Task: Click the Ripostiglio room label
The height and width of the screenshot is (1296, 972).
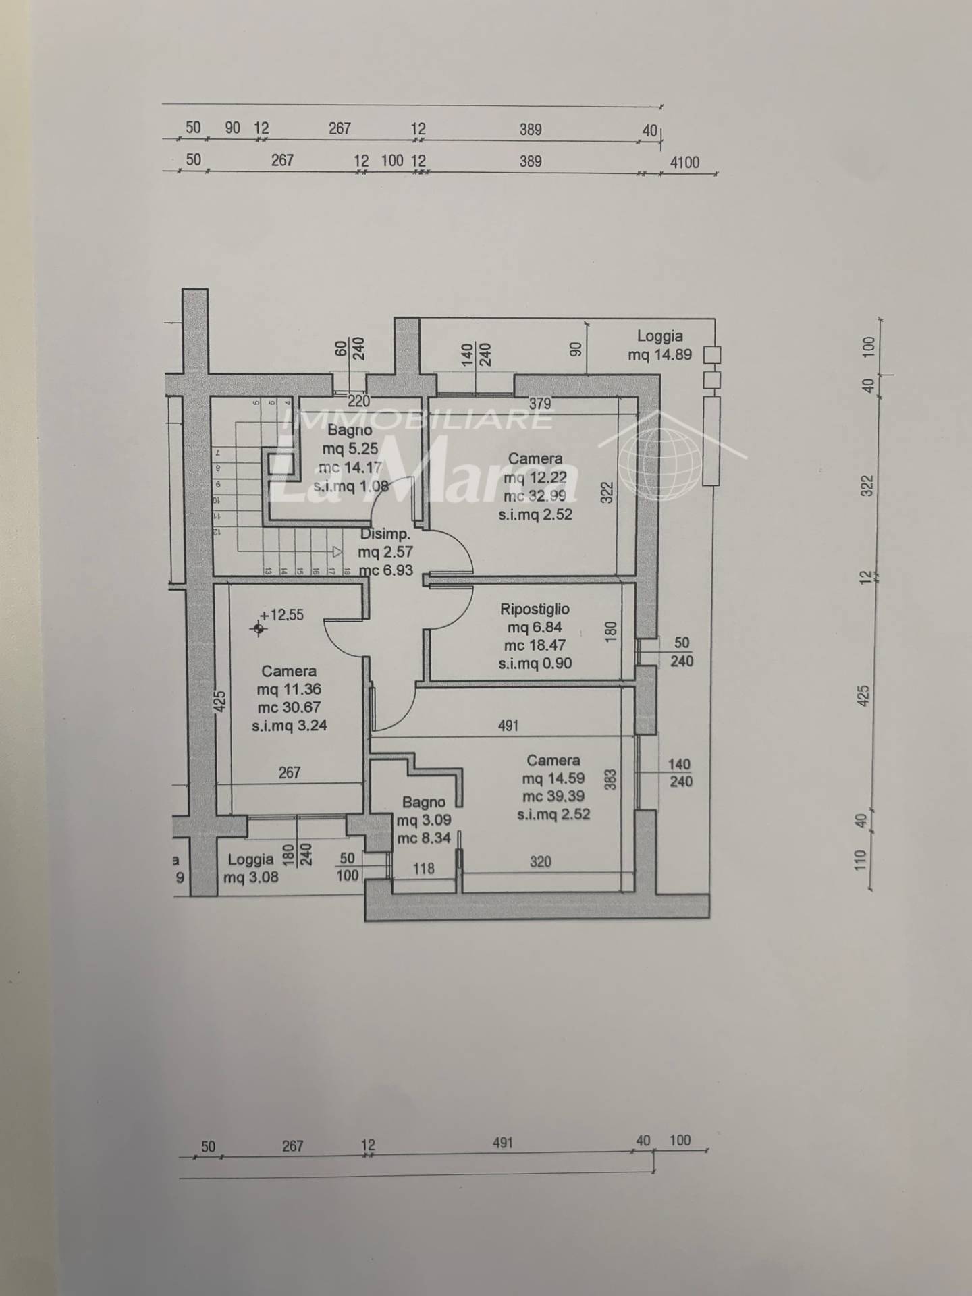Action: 535,610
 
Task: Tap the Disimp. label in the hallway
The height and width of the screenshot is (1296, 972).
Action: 385,534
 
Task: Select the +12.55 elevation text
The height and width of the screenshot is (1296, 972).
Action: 281,615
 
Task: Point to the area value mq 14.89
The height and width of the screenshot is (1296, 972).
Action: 659,354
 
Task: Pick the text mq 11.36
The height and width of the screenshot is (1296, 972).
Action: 289,689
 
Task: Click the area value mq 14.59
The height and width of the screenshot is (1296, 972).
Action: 553,778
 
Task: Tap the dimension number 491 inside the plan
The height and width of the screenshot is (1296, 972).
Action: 508,726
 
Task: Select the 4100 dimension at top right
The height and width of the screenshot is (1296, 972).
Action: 684,162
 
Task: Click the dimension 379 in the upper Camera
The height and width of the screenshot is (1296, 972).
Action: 540,404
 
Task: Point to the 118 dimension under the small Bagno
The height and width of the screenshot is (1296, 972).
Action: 424,869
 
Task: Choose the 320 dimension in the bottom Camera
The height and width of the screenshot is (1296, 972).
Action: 541,861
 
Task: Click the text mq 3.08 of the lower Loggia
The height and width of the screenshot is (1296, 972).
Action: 250,878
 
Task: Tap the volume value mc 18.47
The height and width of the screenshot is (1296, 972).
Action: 535,645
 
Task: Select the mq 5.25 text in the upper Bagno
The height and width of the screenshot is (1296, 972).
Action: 350,448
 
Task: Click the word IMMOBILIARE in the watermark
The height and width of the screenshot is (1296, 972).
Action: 416,419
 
